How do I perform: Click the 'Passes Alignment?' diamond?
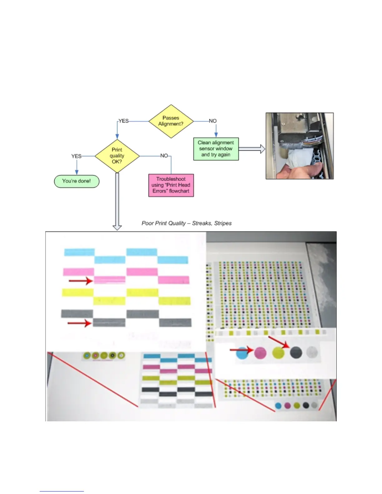171,121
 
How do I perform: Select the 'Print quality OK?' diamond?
117,156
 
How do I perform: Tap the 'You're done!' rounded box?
76,181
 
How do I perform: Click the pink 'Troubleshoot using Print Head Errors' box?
171,185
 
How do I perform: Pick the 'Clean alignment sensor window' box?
216,149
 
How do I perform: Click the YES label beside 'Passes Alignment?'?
124,121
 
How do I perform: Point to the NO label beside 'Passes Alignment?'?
213,121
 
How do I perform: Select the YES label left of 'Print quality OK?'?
76,156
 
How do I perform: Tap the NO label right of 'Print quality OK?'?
164,156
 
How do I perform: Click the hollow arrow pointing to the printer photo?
252,149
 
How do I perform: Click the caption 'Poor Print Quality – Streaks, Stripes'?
187,223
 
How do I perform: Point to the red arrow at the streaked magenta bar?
81,281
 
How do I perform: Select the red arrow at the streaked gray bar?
80,323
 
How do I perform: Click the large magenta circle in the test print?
261,353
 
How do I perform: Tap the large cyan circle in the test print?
242,353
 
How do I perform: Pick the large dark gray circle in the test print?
296,352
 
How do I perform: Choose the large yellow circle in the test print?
278,353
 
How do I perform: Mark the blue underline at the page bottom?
62,492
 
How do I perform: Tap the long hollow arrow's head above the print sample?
117,227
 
